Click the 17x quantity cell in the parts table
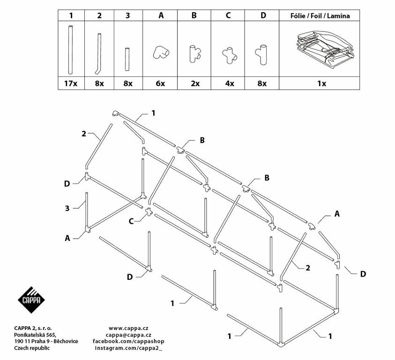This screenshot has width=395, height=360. (71, 83)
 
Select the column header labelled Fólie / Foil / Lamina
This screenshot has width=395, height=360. (320, 15)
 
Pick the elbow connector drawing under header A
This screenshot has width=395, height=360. (161, 52)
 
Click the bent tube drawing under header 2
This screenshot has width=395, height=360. (98, 54)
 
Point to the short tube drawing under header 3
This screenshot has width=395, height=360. (127, 59)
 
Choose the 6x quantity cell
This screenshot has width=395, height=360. (160, 83)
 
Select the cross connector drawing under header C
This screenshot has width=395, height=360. (230, 55)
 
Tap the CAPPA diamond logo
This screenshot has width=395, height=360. (31, 300)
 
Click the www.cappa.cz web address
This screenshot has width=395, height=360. (128, 328)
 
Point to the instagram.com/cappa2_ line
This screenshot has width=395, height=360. (128, 348)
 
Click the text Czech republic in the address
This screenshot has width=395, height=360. (32, 348)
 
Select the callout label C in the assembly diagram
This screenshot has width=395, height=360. (131, 221)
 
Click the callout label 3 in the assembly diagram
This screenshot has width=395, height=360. (67, 208)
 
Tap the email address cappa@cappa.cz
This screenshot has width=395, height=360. (128, 335)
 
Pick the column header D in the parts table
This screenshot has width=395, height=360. (263, 15)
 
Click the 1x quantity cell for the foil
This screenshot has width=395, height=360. (321, 83)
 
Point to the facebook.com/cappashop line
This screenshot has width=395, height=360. (128, 341)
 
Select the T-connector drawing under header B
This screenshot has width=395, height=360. (194, 54)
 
